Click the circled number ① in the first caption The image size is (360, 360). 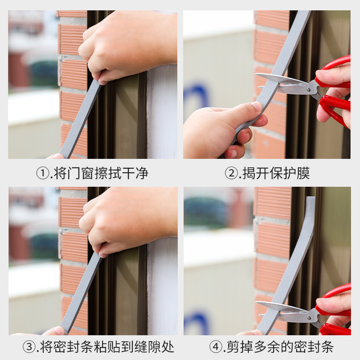point(43,174)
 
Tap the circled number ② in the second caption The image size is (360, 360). point(231,174)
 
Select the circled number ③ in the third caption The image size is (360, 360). point(29,346)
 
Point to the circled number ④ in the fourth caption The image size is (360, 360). point(216,346)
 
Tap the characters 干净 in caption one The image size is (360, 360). point(135,174)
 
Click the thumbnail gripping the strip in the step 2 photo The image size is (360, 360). point(256,106)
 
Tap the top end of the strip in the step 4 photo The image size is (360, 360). point(310,197)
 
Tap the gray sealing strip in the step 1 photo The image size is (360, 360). point(80,119)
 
